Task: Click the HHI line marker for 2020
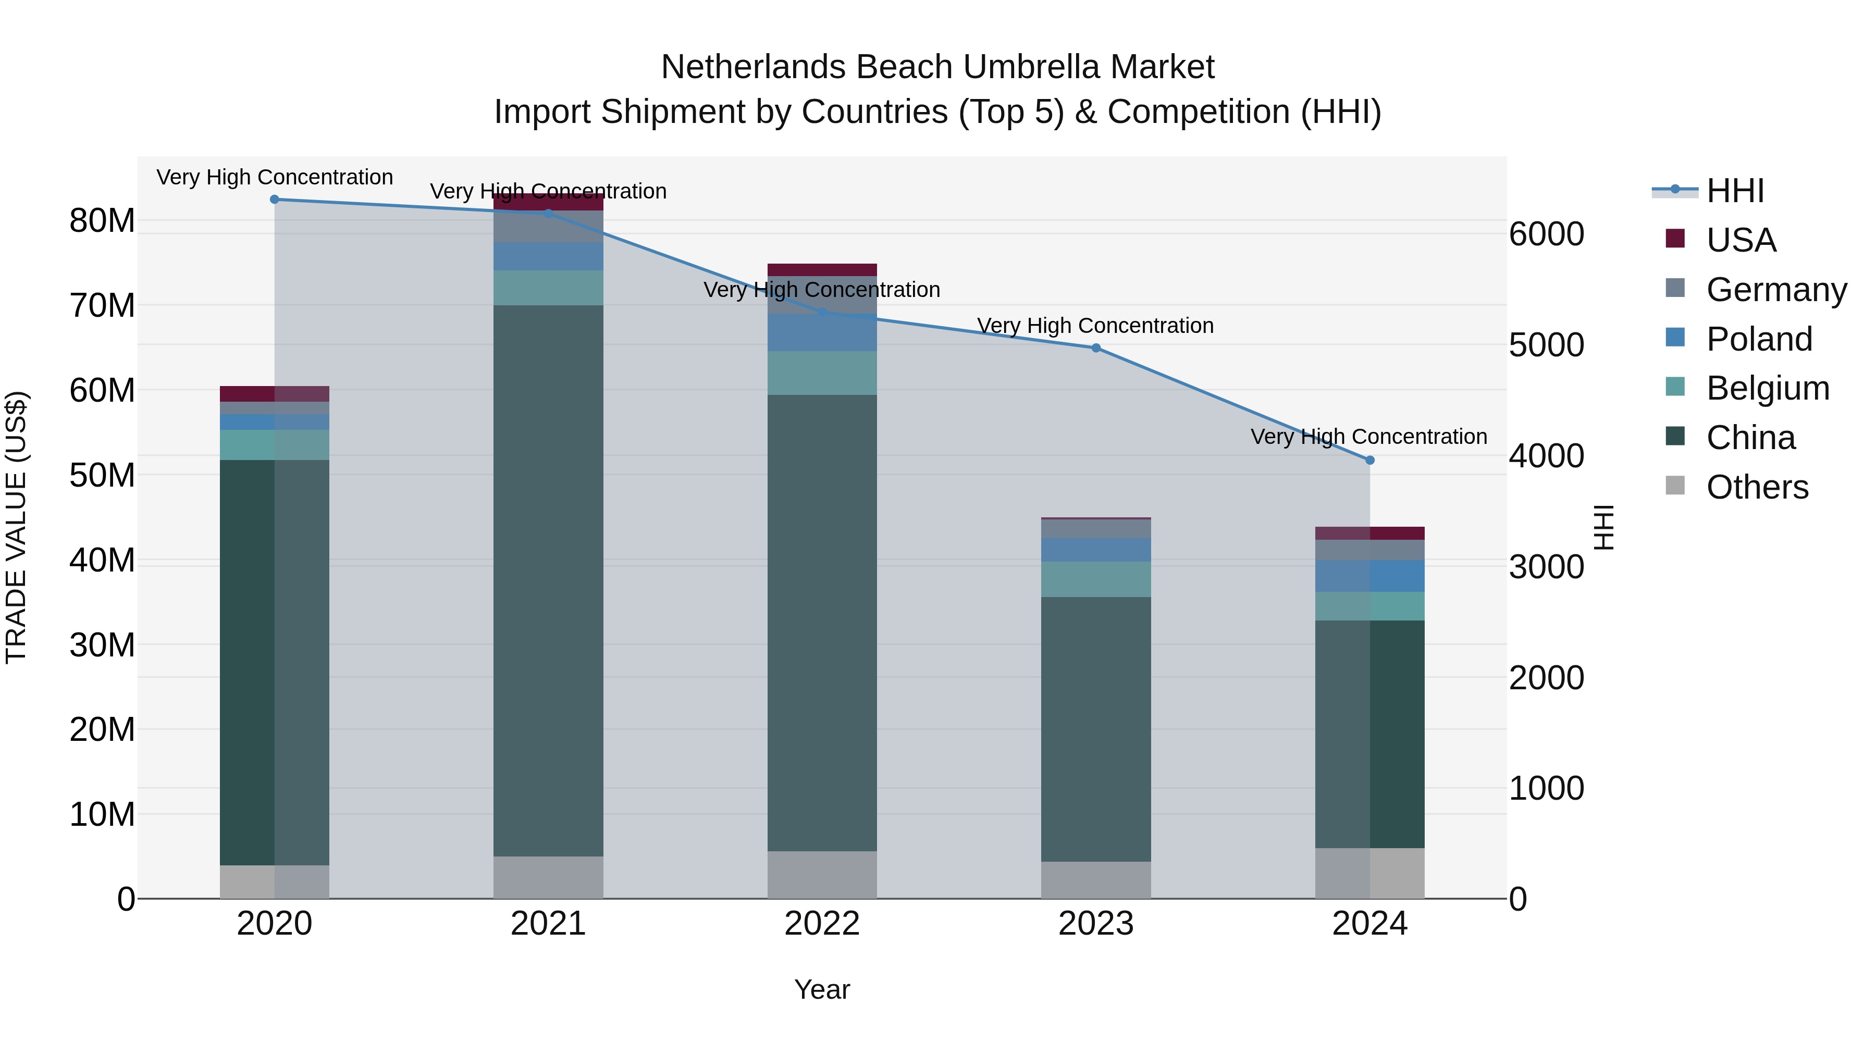pyautogui.click(x=275, y=200)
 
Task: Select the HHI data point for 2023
pyautogui.click(x=1096, y=348)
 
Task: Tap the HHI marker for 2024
pyautogui.click(x=1370, y=460)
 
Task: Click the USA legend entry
pyautogui.click(x=1741, y=240)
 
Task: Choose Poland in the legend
pyautogui.click(x=1759, y=339)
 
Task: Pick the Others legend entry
pyautogui.click(x=1757, y=487)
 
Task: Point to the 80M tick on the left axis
pyautogui.click(x=102, y=220)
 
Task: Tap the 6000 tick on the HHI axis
pyautogui.click(x=1546, y=234)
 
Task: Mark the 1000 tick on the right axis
pyautogui.click(x=1546, y=789)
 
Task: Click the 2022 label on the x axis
pyautogui.click(x=822, y=924)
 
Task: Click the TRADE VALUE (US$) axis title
pyautogui.click(x=17, y=527)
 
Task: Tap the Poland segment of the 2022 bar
pyautogui.click(x=822, y=333)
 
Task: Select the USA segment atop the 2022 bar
pyautogui.click(x=822, y=269)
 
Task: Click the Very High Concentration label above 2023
pyautogui.click(x=1095, y=326)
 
